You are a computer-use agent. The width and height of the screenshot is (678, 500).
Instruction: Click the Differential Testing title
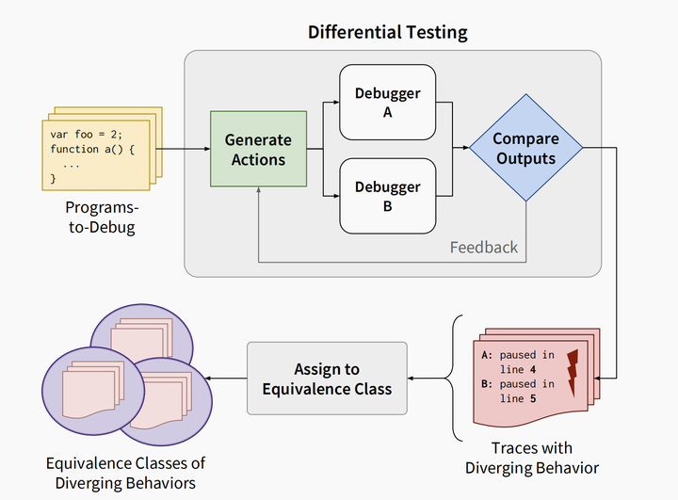pyautogui.click(x=388, y=31)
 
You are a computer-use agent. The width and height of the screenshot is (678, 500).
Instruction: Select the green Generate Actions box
pyautogui.click(x=258, y=149)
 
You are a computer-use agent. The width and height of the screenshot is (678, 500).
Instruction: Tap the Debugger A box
pyautogui.click(x=387, y=102)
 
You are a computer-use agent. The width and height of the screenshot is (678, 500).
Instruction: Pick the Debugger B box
pyautogui.click(x=387, y=196)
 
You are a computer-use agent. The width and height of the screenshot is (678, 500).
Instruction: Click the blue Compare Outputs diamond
pyautogui.click(x=525, y=149)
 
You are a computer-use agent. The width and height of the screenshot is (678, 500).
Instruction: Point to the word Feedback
pyautogui.click(x=483, y=248)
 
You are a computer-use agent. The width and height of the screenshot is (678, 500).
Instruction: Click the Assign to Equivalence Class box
pyautogui.click(x=326, y=379)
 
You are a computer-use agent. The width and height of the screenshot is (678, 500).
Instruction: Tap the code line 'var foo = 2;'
pyautogui.click(x=86, y=134)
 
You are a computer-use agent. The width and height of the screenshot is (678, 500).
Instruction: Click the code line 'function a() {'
pyautogui.click(x=93, y=149)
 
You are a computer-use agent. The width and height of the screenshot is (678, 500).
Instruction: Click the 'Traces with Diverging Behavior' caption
pyautogui.click(x=532, y=458)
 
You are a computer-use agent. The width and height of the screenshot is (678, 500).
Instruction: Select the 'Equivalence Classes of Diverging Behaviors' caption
pyautogui.click(x=125, y=472)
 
